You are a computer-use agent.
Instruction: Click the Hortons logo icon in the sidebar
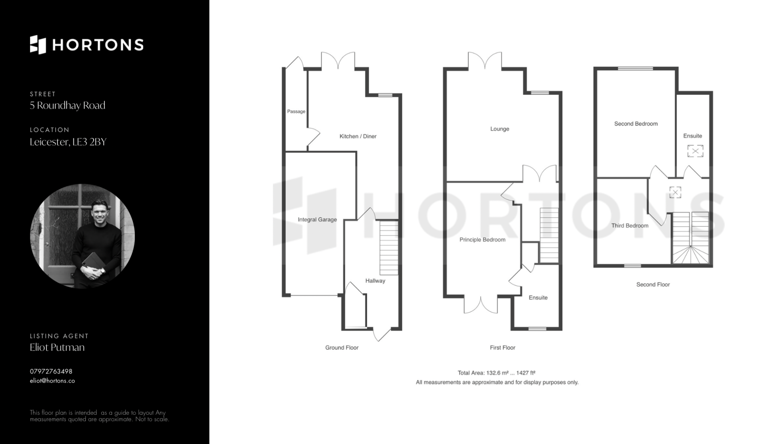pos(38,45)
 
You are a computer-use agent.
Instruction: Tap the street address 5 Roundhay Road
pos(67,105)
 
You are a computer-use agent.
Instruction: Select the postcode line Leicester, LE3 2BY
pos(68,142)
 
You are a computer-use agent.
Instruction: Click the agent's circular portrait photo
pos(83,236)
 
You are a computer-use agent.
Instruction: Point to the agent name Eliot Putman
pos(57,347)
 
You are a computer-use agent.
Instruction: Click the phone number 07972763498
pos(51,371)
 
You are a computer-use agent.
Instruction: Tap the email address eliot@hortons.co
pos(52,381)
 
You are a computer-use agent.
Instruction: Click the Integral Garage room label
pos(317,220)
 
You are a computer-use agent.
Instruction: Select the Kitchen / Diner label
pos(358,136)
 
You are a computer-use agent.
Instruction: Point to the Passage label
pos(296,111)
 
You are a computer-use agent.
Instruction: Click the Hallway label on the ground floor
pos(375,281)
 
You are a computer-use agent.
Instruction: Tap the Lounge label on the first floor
pos(500,129)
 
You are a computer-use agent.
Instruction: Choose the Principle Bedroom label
pos(483,240)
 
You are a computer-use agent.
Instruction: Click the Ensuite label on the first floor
pos(538,298)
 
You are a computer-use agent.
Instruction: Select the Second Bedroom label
pos(636,124)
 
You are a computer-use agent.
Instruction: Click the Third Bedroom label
pos(630,226)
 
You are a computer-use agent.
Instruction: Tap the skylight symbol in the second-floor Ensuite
pos(695,151)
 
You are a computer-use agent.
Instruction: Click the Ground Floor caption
pos(342,348)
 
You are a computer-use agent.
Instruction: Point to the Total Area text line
pos(496,373)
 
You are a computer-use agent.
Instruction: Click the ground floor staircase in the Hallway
pos(389,248)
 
